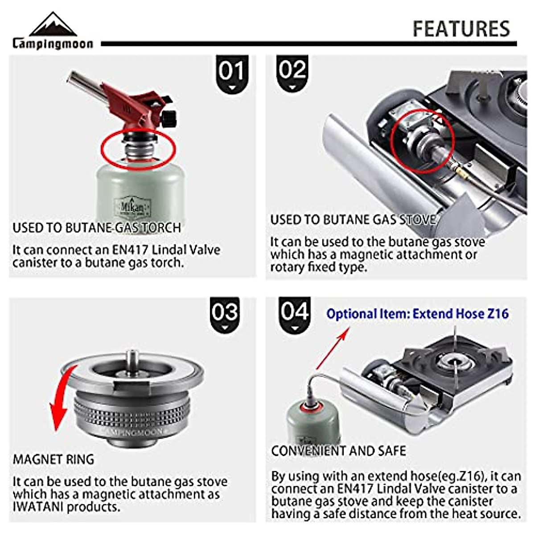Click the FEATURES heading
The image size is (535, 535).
coord(461,29)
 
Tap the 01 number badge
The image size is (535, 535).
coord(231,73)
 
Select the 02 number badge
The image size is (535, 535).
coord(292,72)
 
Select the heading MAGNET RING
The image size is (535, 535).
coord(53,459)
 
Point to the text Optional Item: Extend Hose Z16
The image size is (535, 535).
coord(417,314)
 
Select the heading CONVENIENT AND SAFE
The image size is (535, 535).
coord(338,451)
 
